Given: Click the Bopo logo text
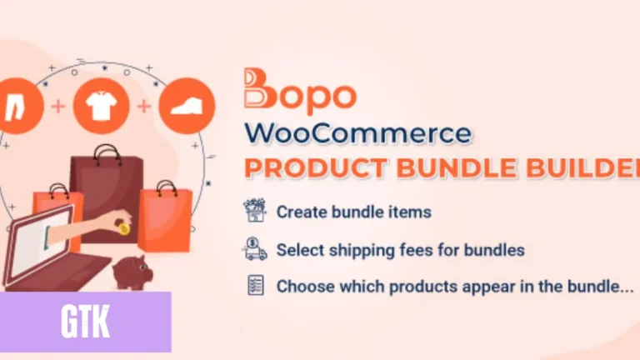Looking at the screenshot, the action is [x=300, y=92].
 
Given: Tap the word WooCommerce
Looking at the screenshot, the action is [x=358, y=133].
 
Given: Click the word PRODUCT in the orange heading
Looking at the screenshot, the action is [x=316, y=167].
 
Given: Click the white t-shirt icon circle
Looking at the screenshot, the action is [x=101, y=106].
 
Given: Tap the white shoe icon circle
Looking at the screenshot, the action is [x=187, y=106].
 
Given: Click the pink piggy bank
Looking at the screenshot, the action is [x=132, y=272].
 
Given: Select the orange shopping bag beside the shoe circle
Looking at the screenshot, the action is [x=165, y=218].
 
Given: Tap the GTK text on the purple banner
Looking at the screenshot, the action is [x=85, y=322].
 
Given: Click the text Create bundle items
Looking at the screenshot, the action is [x=354, y=212].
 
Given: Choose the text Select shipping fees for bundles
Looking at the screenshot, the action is [x=400, y=250].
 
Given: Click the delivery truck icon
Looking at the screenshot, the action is [x=255, y=249].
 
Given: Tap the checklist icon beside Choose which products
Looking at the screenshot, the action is [x=256, y=285].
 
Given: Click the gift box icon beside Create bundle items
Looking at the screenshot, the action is [x=255, y=210].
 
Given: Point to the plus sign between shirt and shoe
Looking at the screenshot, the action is [x=143, y=107].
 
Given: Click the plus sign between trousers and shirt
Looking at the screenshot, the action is [x=58, y=107].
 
